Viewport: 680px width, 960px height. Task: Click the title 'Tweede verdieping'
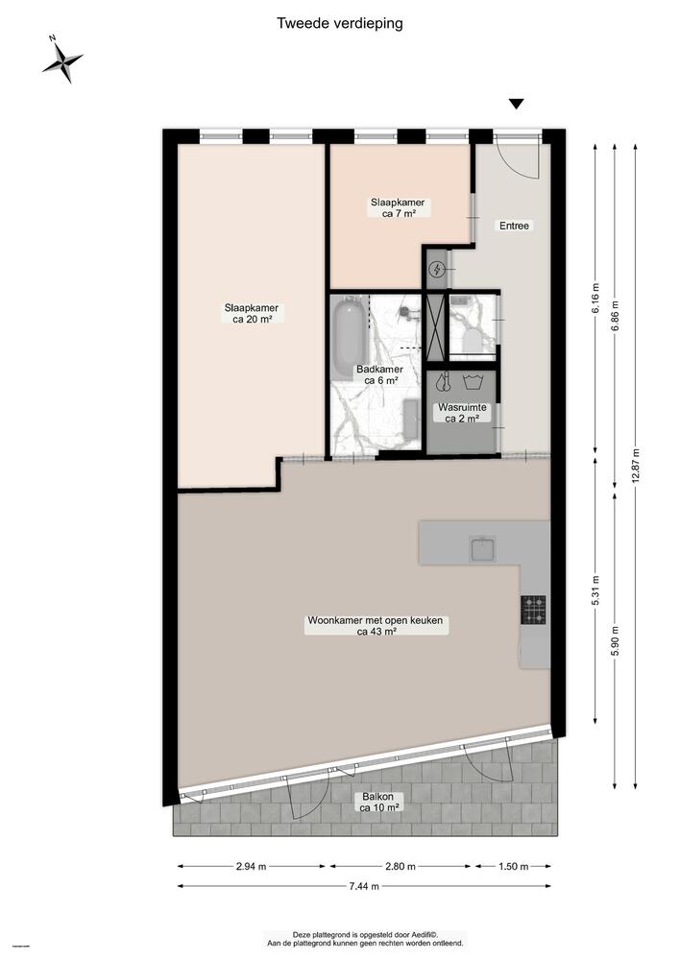(x=339, y=22)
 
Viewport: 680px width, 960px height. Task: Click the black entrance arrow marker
(x=517, y=105)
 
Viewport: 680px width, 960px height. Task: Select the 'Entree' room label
(x=514, y=227)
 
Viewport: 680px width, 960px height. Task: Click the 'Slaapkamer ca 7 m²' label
(x=399, y=208)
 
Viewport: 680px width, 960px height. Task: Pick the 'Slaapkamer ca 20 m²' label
(x=252, y=314)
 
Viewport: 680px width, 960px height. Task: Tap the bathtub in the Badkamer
(x=348, y=338)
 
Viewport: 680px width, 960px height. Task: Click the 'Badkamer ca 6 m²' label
(x=378, y=374)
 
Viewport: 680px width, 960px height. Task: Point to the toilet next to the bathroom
(x=473, y=339)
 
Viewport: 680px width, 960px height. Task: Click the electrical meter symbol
(x=437, y=270)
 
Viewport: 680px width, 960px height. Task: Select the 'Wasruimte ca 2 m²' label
(x=462, y=412)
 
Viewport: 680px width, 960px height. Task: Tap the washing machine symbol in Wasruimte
(x=472, y=382)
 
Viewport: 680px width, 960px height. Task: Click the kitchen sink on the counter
(x=483, y=548)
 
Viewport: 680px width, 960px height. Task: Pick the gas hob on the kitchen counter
(x=534, y=606)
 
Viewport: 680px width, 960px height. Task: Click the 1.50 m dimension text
(x=514, y=866)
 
